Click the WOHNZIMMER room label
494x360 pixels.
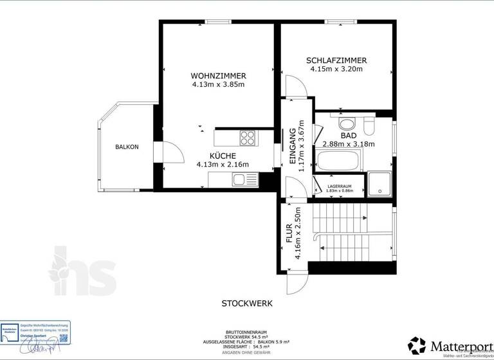point(219,75)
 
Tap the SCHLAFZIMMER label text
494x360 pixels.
point(336,60)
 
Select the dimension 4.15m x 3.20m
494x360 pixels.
point(336,69)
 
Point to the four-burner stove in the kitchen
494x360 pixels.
point(248,137)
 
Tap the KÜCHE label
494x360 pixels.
point(223,156)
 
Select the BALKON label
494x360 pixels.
point(127,147)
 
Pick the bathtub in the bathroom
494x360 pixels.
point(338,160)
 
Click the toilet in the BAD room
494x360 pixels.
point(368,123)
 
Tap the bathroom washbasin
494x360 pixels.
point(346,123)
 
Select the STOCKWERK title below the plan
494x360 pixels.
point(247,303)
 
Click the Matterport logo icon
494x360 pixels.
point(417,345)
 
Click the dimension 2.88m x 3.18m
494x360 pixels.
point(349,144)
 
